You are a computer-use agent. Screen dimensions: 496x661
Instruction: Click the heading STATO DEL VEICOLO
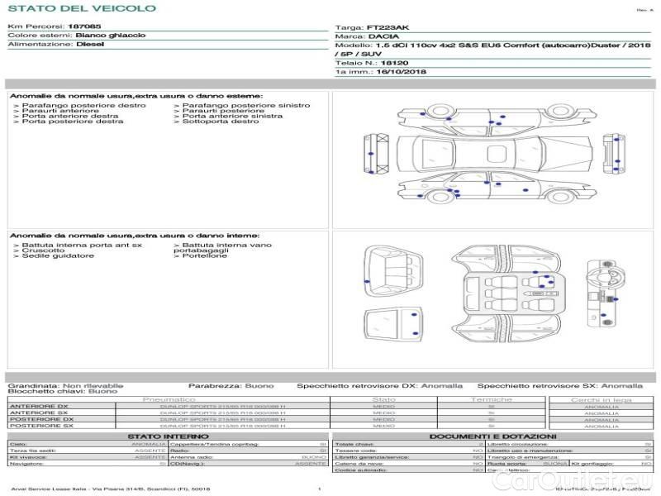81,8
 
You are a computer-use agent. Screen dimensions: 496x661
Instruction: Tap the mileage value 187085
84,27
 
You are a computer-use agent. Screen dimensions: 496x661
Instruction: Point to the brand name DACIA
383,37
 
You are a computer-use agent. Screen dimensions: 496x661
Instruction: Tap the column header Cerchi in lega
600,399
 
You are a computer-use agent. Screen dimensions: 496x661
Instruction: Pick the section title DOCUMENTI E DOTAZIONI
492,436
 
